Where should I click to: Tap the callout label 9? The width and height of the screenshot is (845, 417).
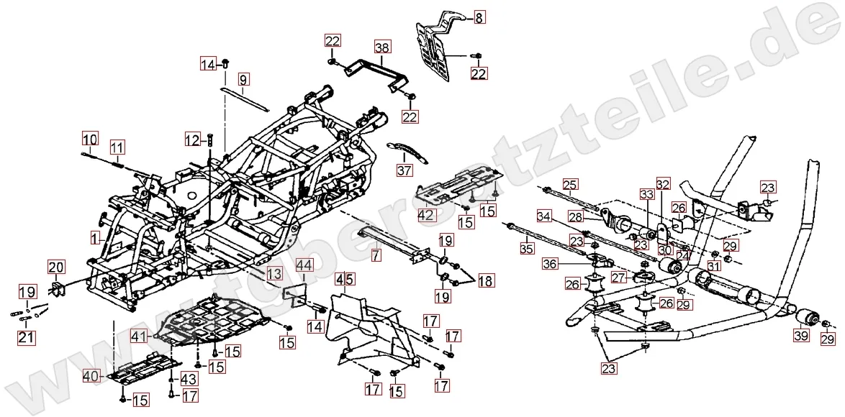[x=243, y=78]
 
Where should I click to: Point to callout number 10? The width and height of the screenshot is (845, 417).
[x=89, y=139]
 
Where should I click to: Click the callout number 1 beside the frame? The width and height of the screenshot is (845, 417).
[x=94, y=236]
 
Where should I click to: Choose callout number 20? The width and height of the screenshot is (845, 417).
[x=56, y=267]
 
